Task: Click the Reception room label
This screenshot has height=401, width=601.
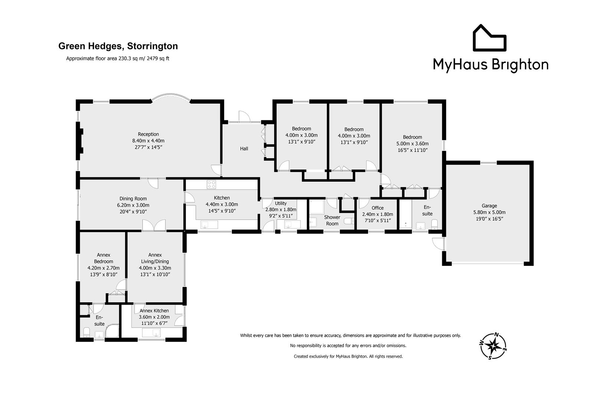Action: [148, 134]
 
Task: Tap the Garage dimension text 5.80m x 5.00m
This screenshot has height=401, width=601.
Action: [489, 212]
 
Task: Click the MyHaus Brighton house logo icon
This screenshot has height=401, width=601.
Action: [489, 38]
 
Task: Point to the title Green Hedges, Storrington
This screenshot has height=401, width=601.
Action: [118, 46]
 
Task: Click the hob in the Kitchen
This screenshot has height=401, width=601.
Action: [211, 184]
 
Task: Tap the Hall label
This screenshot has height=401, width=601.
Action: [244, 149]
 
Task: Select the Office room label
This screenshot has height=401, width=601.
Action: [377, 208]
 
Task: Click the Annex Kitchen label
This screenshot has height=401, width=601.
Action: [154, 310]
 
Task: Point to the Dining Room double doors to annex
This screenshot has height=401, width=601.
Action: [154, 225]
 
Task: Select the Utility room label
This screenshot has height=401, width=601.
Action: [280, 203]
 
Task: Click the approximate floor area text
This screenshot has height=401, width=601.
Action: [118, 58]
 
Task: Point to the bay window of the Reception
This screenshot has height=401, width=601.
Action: [171, 97]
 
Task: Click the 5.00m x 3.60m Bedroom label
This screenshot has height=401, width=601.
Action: [412, 137]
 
